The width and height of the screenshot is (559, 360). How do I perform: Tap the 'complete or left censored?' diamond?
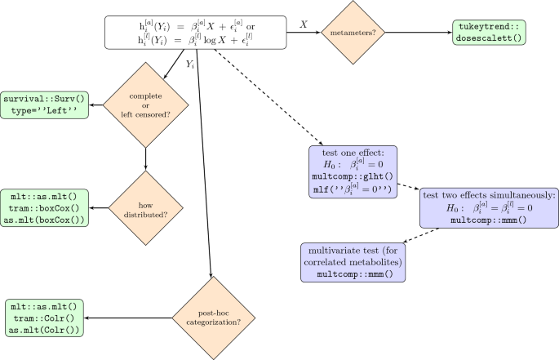coord(145,105)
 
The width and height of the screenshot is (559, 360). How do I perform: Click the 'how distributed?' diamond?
coord(145,208)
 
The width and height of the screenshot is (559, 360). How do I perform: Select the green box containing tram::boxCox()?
coord(46,209)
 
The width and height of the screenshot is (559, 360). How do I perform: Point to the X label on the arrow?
coord(303,25)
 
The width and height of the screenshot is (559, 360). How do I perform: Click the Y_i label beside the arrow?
coord(189,63)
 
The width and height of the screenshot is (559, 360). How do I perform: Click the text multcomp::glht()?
coord(353,176)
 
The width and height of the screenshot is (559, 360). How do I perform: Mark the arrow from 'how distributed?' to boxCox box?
coord(99,209)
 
